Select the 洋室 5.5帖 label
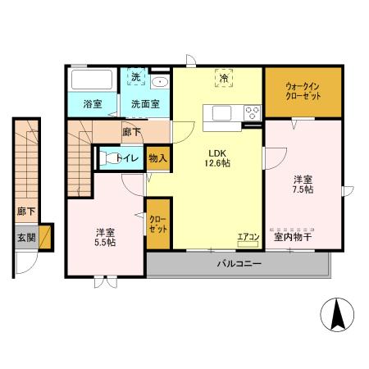pyautogui.click(x=105, y=236)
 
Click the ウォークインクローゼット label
pyautogui.click(x=303, y=91)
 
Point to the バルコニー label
pyautogui.click(x=239, y=264)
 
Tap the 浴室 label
pyautogui.click(x=92, y=104)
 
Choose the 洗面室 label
pyautogui.click(x=145, y=104)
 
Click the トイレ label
pyautogui.click(x=126, y=158)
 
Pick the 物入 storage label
pyautogui.click(x=158, y=158)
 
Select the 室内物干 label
pyautogui.click(x=292, y=237)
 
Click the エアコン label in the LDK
pyautogui.click(x=248, y=238)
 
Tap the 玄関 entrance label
pyautogui.click(x=25, y=238)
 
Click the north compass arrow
pyautogui.click(x=337, y=315)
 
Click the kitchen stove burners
pyautogui.click(x=251, y=112)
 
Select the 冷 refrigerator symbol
pyautogui.click(x=223, y=78)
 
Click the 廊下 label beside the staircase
pyautogui.click(x=26, y=211)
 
